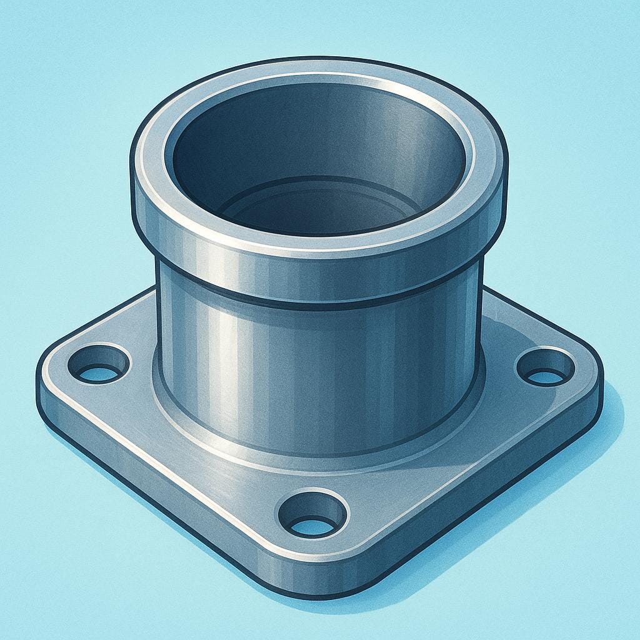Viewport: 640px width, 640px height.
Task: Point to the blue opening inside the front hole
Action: pos(312,527)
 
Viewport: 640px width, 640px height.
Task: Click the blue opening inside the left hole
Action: pos(99,374)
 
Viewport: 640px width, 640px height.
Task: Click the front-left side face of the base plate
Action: pos(156,494)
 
